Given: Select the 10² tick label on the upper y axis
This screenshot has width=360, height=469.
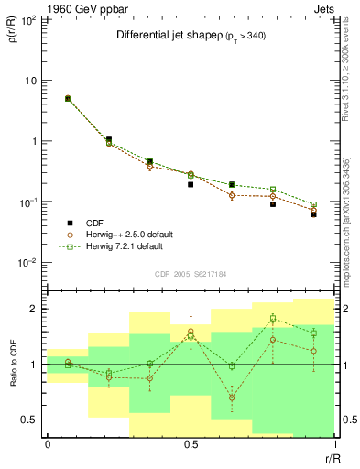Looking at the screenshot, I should point(28,19).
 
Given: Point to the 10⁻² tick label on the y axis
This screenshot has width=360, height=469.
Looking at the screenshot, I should point(28,263).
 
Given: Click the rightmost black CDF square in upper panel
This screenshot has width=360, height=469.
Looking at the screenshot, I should point(313,214).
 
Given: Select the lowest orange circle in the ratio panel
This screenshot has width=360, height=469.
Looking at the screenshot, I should point(232,398).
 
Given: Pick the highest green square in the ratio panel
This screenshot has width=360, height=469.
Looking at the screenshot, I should point(273,319).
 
